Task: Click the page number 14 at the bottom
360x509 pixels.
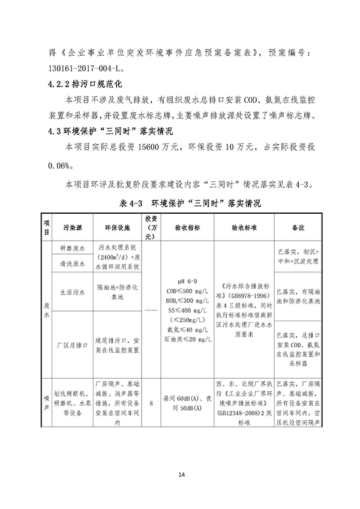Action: coord(180,475)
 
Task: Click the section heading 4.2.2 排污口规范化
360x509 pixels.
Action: coord(88,82)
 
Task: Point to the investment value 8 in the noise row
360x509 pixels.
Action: coord(151,404)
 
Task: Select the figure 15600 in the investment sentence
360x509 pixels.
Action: coord(152,145)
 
